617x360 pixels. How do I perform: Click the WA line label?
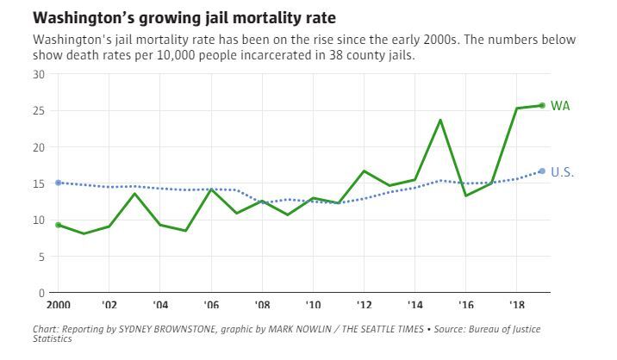click(x=560, y=106)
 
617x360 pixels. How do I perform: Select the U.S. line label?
click(x=562, y=172)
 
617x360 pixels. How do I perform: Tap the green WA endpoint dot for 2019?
click(x=542, y=106)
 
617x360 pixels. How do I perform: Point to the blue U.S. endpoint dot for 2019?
click(x=542, y=171)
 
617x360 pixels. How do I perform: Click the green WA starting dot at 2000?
click(x=58, y=225)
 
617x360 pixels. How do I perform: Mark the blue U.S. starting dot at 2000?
click(x=58, y=183)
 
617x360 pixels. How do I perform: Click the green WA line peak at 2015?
click(x=440, y=120)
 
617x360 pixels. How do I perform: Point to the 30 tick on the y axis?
click(x=39, y=74)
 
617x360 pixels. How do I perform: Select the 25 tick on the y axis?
click(x=39, y=110)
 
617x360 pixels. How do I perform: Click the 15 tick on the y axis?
click(x=39, y=183)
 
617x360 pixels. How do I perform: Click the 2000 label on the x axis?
click(x=58, y=305)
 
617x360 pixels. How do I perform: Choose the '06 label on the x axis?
click(x=211, y=305)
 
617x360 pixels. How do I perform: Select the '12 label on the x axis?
click(x=364, y=305)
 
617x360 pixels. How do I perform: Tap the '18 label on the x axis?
click(x=516, y=305)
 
